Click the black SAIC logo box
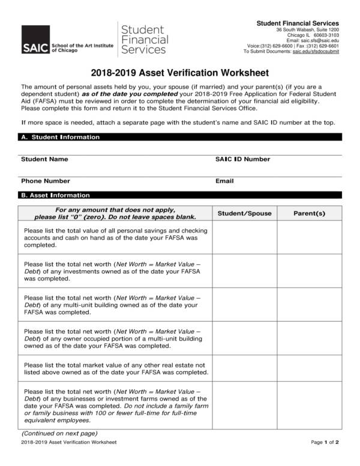(x=35, y=40)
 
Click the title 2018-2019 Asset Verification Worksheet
(x=179, y=73)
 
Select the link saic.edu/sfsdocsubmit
(x=316, y=52)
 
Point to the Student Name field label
(x=44, y=159)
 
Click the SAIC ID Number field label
(x=242, y=159)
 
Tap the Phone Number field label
(x=46, y=181)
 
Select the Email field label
(x=224, y=181)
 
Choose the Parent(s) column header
(x=309, y=213)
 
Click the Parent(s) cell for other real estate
(x=309, y=369)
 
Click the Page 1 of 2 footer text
(x=325, y=443)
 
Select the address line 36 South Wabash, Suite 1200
(x=307, y=29)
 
